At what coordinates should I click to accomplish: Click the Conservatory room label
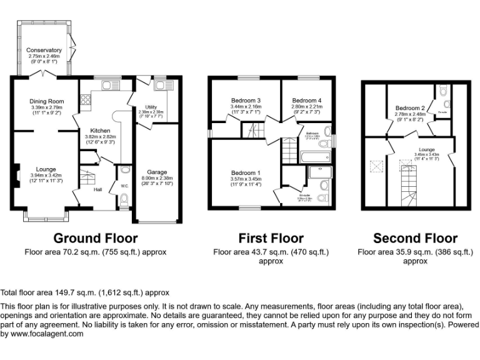click(44, 50)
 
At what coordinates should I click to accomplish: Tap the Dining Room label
click(47, 101)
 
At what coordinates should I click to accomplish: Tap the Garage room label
click(157, 172)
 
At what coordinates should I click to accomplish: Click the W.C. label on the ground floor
click(125, 184)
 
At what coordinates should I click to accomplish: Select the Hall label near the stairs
click(97, 190)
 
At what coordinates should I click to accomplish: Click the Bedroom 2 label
click(410, 108)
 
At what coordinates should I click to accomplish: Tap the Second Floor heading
click(415, 238)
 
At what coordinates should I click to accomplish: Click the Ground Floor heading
click(95, 238)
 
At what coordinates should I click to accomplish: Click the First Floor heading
click(271, 238)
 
